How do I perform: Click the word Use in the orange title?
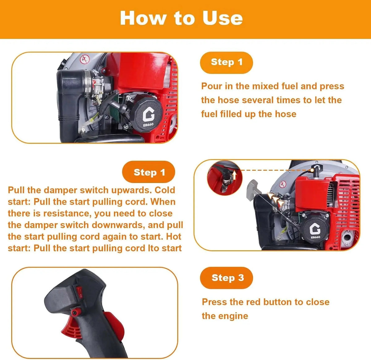tap(223, 18)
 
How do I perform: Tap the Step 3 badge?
tap(227, 278)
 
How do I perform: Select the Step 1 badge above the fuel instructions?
tap(227, 63)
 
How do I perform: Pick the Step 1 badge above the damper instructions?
tap(148, 172)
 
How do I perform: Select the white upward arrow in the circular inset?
tap(234, 175)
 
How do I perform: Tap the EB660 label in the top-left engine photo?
tap(148, 125)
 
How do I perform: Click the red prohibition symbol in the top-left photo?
tap(84, 59)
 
